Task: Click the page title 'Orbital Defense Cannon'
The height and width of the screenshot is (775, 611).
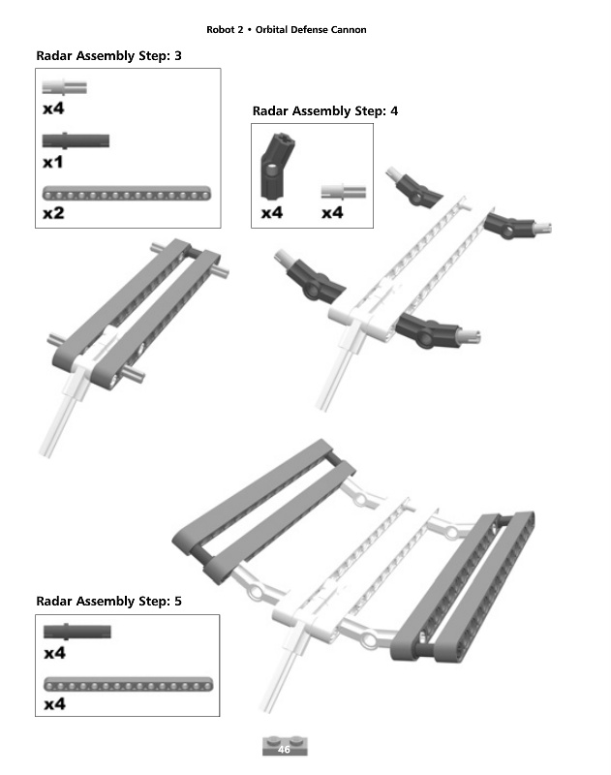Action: pyautogui.click(x=311, y=30)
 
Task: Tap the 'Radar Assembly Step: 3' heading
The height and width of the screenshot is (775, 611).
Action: pyautogui.click(x=108, y=56)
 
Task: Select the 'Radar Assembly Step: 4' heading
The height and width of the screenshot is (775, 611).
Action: pyautogui.click(x=325, y=110)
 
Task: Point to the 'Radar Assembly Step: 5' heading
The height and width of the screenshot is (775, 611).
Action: pyautogui.click(x=108, y=601)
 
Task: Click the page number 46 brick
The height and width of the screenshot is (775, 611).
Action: pyautogui.click(x=285, y=746)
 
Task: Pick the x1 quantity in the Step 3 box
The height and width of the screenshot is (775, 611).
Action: pyautogui.click(x=53, y=162)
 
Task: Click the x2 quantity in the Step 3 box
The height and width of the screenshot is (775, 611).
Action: pyautogui.click(x=53, y=213)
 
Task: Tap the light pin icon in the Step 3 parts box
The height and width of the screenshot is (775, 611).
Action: pyautogui.click(x=64, y=87)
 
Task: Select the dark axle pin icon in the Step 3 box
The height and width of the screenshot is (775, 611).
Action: pyautogui.click(x=76, y=140)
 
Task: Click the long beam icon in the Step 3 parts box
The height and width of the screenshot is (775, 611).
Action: pyautogui.click(x=127, y=193)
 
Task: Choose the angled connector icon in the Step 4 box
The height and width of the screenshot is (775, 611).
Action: pyautogui.click(x=277, y=166)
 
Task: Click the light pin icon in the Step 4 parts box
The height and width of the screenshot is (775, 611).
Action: pyautogui.click(x=344, y=192)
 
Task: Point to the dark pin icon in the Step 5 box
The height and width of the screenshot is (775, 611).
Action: pyautogui.click(x=77, y=632)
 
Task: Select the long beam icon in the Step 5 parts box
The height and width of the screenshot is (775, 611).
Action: pyautogui.click(x=128, y=685)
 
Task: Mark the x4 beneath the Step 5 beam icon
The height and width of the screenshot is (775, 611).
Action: pyautogui.click(x=54, y=704)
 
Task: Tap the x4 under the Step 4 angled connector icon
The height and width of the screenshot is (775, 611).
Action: pyautogui.click(x=272, y=213)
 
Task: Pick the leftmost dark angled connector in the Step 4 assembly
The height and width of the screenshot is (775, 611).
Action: pyautogui.click(x=310, y=277)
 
